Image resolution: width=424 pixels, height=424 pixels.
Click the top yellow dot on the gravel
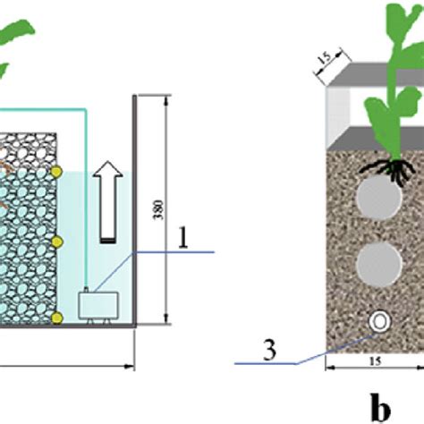pos(56,170)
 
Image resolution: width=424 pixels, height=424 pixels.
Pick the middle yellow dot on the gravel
pos(56,242)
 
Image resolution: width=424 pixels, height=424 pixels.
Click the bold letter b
pos(382,407)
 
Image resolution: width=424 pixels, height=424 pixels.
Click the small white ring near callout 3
pos(378,319)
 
